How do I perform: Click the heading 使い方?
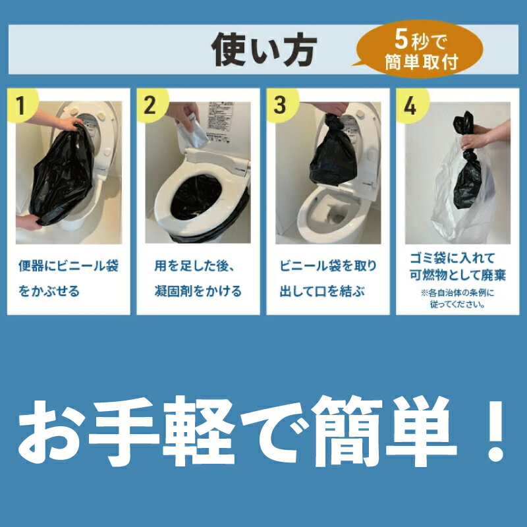pyautogui.click(x=264, y=50)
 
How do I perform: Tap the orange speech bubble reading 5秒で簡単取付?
pyautogui.click(x=420, y=49)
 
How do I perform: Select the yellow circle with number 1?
pyautogui.click(x=22, y=105)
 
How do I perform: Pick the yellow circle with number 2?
pyautogui.click(x=152, y=105)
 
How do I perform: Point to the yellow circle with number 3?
pyautogui.click(x=282, y=105)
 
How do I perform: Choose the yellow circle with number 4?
pyautogui.click(x=411, y=106)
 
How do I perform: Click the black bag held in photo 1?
pyautogui.click(x=62, y=173)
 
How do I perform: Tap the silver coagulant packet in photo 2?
pyautogui.click(x=192, y=132)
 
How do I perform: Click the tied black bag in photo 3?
pyautogui.click(x=333, y=151)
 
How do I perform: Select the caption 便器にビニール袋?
pyautogui.click(x=69, y=266)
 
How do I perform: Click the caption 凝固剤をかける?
pyautogui.click(x=198, y=291)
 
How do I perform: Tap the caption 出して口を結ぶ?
pyautogui.click(x=322, y=291)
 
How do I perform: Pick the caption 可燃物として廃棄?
pyautogui.click(x=457, y=275)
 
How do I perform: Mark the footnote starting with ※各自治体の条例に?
pyautogui.click(x=457, y=299)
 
